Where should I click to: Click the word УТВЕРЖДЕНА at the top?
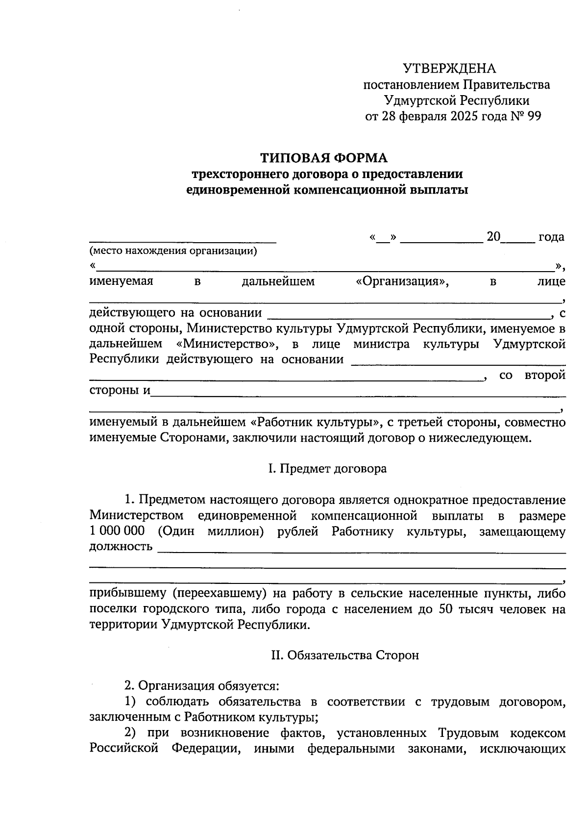point(449,69)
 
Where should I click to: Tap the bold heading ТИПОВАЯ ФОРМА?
point(324,158)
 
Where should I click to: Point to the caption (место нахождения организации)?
point(173,252)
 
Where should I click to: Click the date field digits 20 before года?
point(493,237)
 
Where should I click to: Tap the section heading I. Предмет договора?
point(327,469)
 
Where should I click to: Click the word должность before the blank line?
point(121,547)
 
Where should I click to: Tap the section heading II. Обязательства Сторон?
point(345,656)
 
